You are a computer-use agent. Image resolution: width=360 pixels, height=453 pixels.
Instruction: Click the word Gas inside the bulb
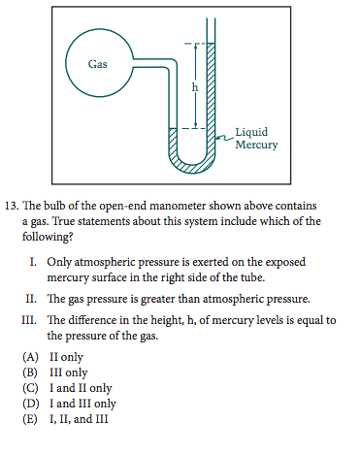97,64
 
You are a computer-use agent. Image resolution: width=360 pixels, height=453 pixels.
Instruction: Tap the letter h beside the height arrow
194,86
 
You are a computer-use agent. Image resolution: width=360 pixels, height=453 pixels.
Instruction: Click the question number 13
12,207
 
